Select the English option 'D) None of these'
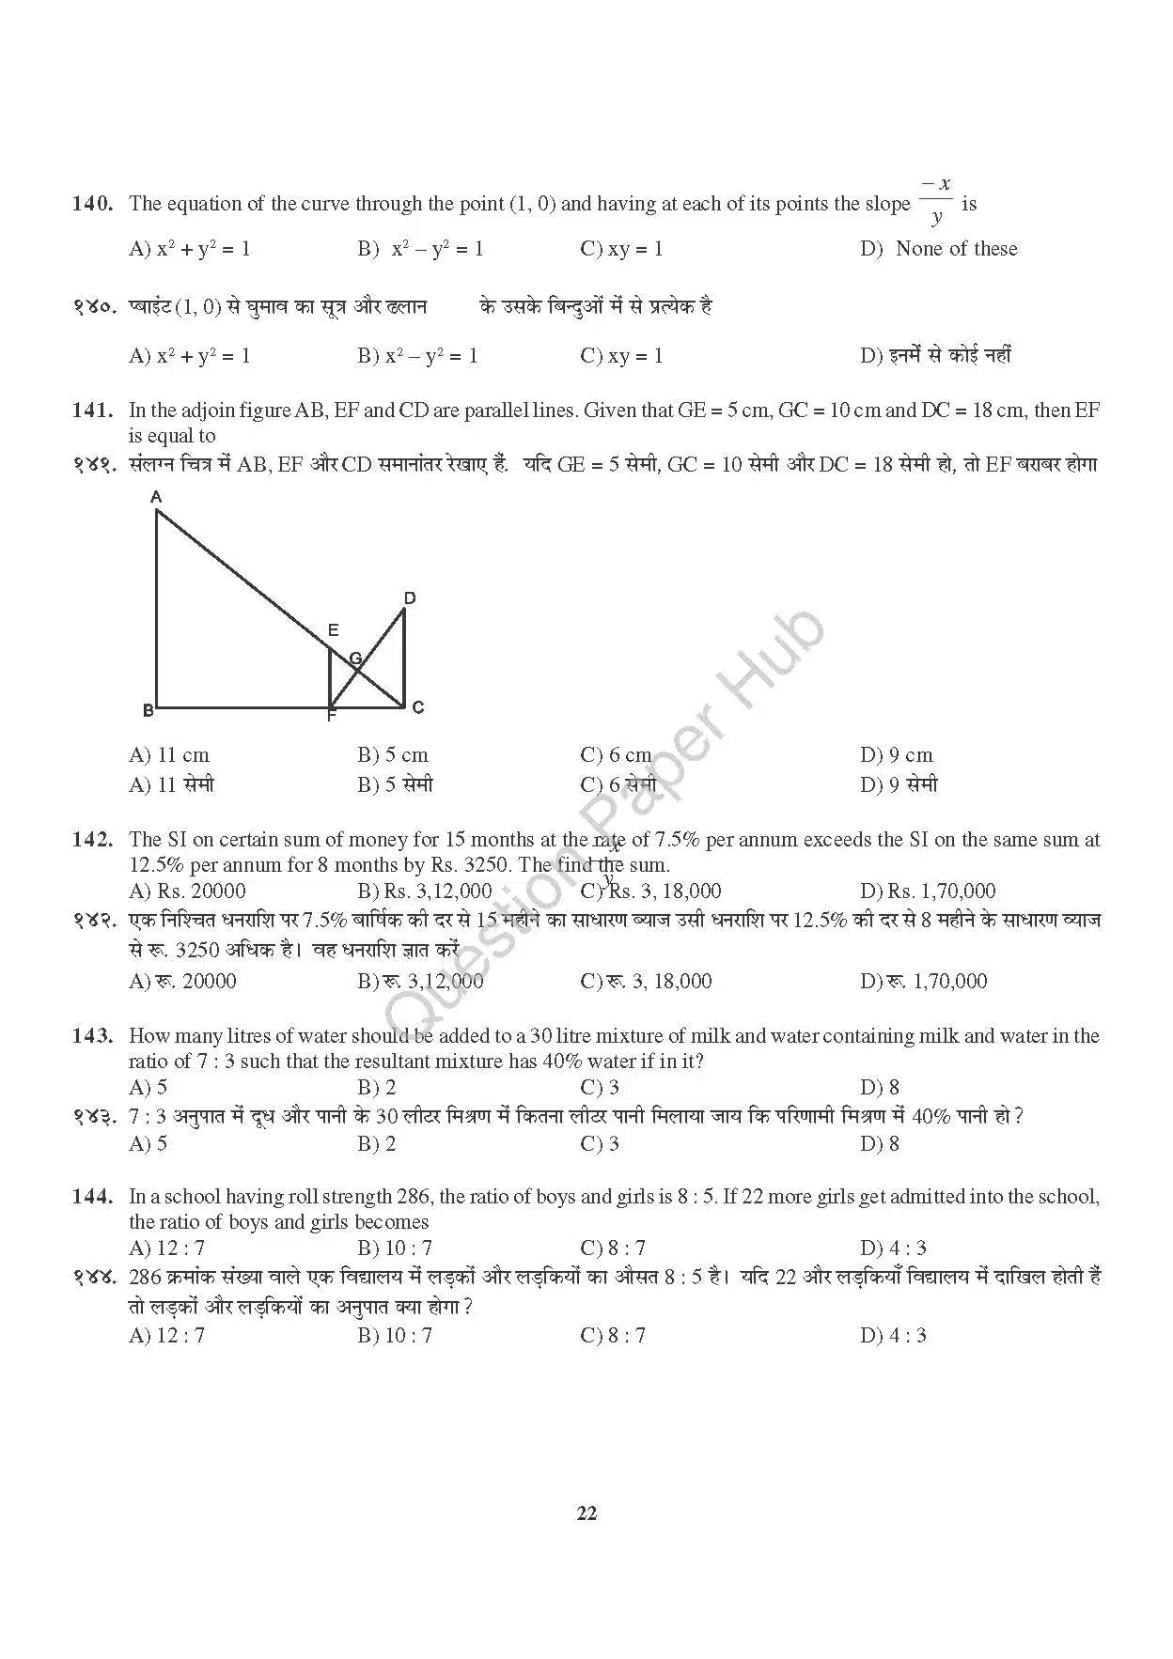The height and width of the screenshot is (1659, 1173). coord(938,249)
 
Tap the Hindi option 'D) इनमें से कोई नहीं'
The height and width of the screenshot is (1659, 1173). coord(935,356)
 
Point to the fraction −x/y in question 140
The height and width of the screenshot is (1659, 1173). coord(935,201)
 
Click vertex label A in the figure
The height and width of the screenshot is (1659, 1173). coord(157,496)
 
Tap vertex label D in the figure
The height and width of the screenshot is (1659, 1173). coord(410,598)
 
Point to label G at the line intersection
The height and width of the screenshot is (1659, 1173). coord(355,659)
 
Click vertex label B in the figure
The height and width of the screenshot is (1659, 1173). coord(148,710)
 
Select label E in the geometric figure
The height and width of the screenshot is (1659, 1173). coord(333,630)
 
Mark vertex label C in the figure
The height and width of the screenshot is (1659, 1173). coord(418,707)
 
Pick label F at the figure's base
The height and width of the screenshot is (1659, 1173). coord(331,717)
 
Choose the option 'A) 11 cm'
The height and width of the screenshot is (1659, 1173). coord(169,755)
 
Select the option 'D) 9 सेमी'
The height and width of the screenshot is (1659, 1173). coord(899,784)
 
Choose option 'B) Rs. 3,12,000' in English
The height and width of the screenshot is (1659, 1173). coord(424,891)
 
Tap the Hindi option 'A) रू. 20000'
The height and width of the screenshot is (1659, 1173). coord(182,981)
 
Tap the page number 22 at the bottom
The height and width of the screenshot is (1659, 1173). coord(586,1513)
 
